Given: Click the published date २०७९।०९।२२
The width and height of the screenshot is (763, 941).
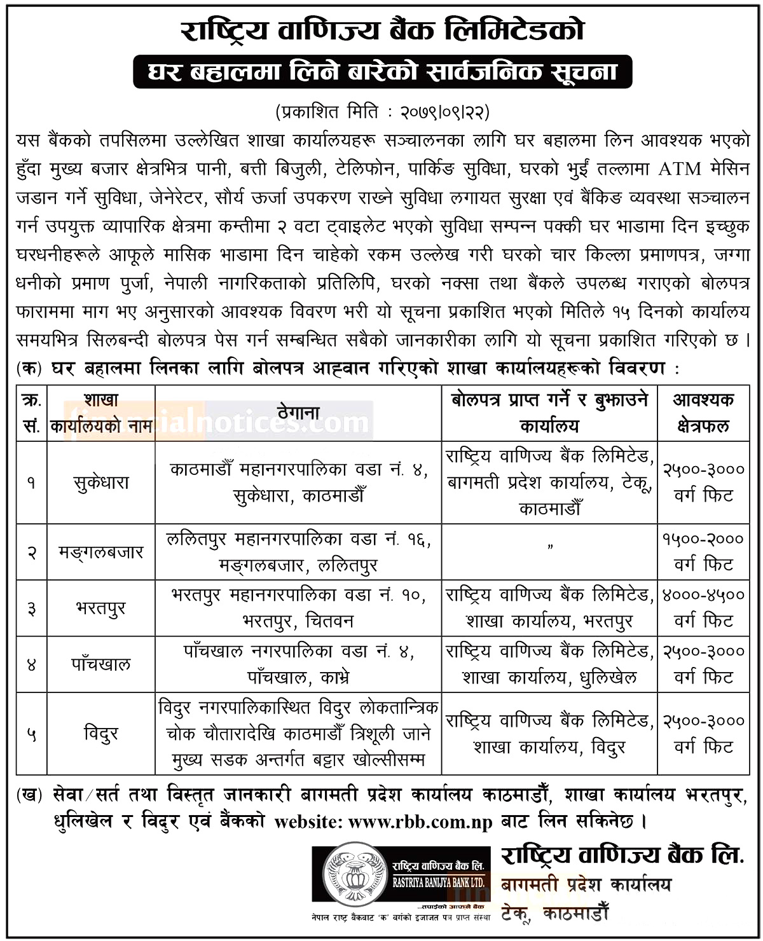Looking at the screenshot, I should point(444,113).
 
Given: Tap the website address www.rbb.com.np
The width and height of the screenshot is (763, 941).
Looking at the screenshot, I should point(420,821).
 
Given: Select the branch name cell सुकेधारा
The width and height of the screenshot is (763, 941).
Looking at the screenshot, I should point(101,483).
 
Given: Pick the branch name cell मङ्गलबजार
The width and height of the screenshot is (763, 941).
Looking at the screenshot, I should point(101,552).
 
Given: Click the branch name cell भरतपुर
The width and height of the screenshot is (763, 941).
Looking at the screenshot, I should point(101,608).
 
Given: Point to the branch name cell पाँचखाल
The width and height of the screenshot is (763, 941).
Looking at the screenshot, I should point(101,664).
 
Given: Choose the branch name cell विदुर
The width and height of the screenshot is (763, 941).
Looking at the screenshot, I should point(101,734).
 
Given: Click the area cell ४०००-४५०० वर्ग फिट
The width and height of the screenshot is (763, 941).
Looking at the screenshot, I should point(703,608).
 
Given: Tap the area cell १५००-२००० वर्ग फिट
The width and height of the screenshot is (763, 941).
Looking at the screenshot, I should point(703,552).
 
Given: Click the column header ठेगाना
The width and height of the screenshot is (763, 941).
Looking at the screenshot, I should point(298,413).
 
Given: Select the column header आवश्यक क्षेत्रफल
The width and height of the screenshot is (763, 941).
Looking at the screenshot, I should point(703,413).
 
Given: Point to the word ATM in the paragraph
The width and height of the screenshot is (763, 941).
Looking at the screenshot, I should point(680,169).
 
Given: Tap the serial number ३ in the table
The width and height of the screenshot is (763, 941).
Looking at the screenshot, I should point(31,608).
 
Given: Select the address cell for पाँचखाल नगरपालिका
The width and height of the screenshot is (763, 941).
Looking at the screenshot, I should point(298,664).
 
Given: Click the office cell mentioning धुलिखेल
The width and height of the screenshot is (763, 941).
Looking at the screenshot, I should point(550,664).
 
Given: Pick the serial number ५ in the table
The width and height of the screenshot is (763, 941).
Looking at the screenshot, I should point(31,735).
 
